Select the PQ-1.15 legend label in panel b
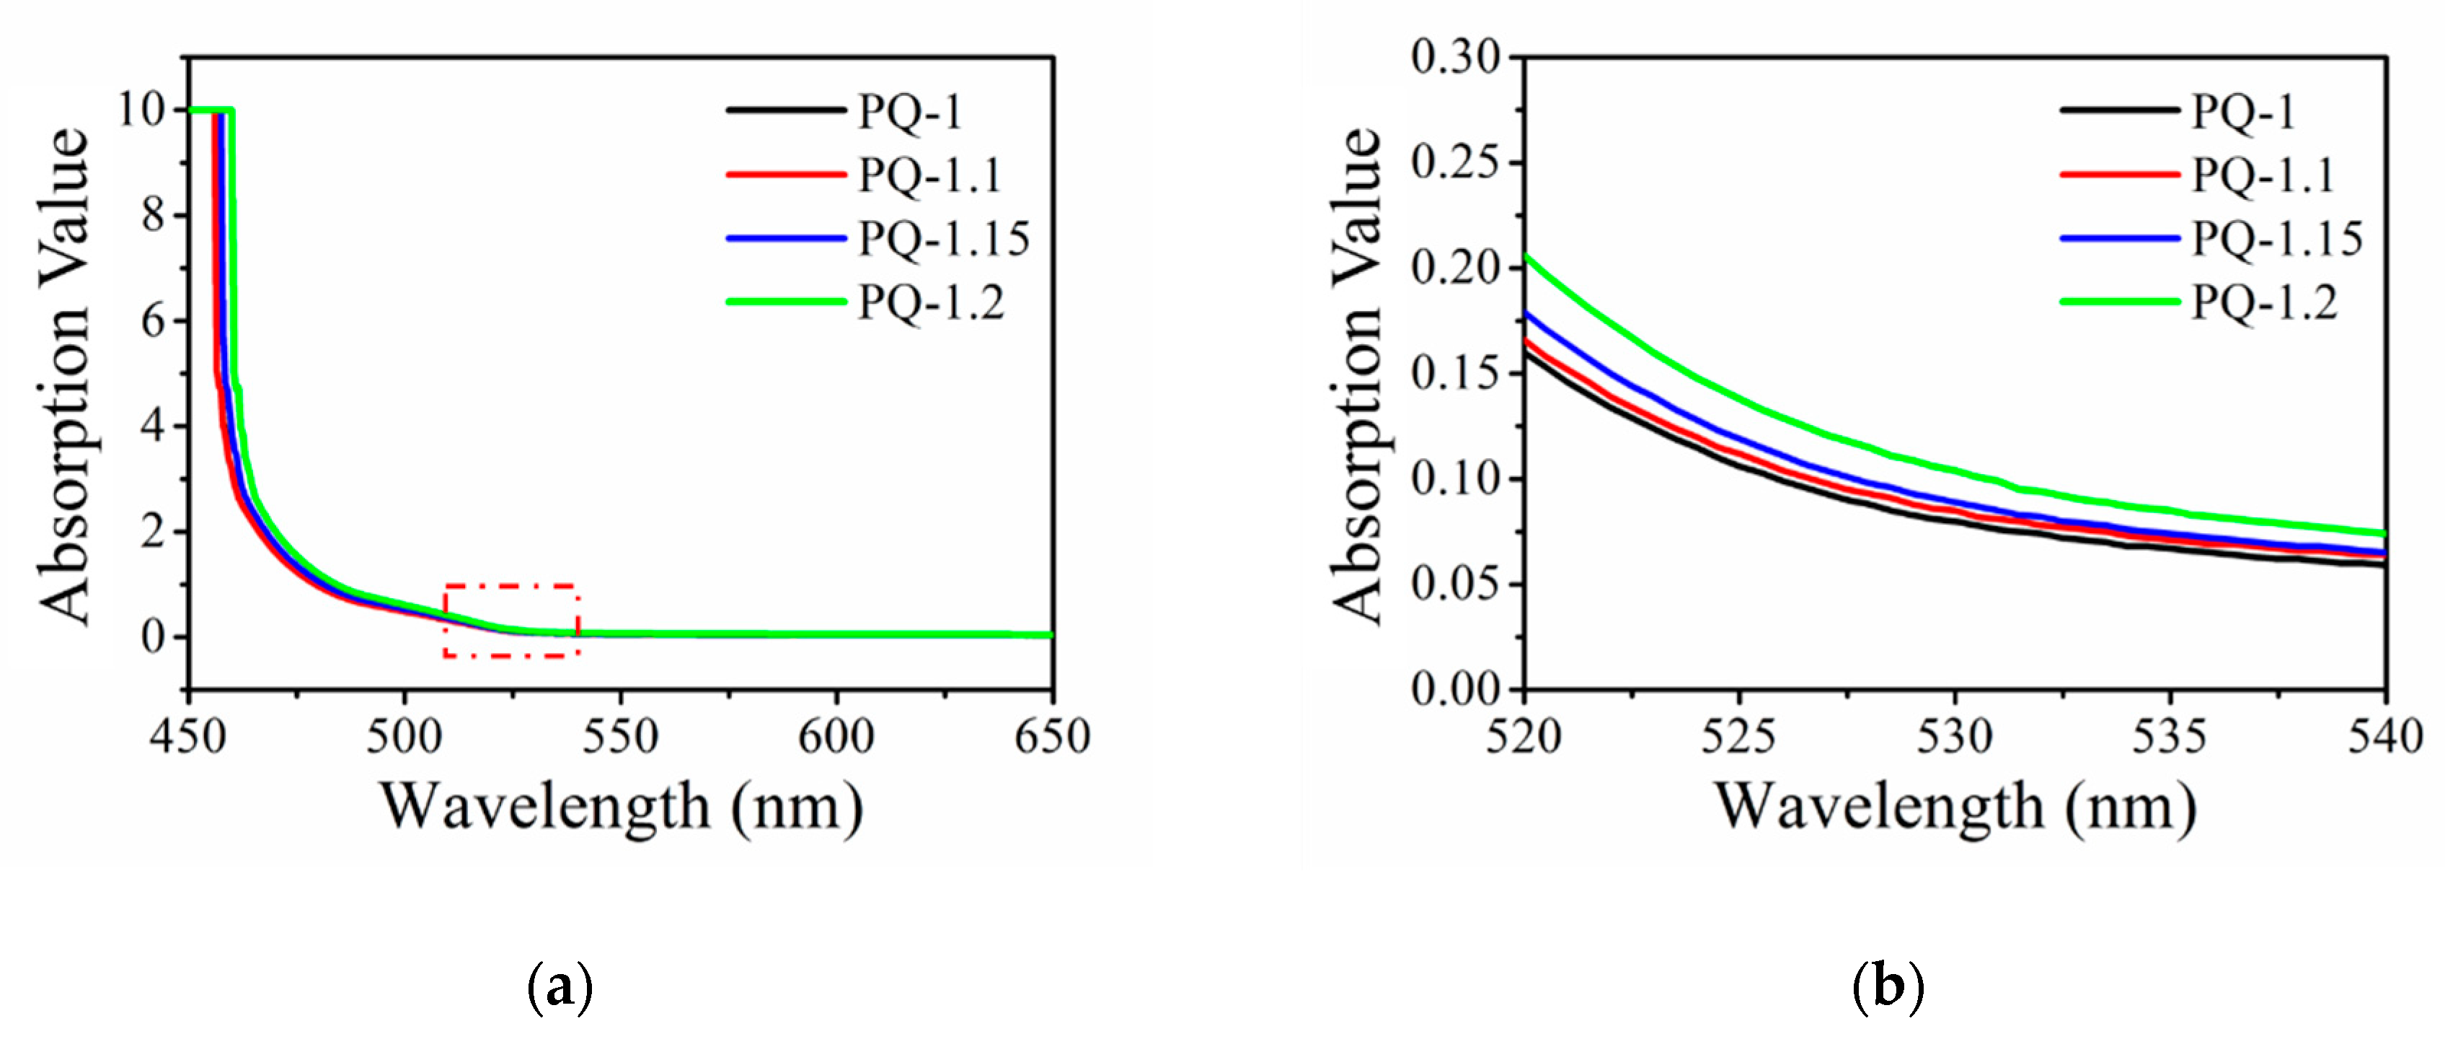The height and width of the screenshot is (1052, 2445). click(2277, 238)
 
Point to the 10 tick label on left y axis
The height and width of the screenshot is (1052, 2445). click(141, 110)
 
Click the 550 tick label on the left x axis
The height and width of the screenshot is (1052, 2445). click(620, 737)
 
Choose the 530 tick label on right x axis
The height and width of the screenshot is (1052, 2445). click(1954, 737)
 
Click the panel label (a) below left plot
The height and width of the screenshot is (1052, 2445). click(559, 988)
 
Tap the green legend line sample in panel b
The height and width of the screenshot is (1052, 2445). click(2119, 302)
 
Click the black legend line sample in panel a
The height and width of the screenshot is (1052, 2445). click(786, 110)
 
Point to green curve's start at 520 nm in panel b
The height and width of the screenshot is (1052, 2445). click(1525, 255)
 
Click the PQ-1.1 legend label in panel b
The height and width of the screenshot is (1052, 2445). click(2263, 175)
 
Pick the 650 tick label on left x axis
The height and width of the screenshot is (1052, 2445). click(1052, 737)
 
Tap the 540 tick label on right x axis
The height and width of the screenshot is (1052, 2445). click(2385, 737)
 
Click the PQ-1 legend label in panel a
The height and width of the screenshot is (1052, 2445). click(910, 112)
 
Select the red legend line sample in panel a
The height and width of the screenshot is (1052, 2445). click(786, 175)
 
